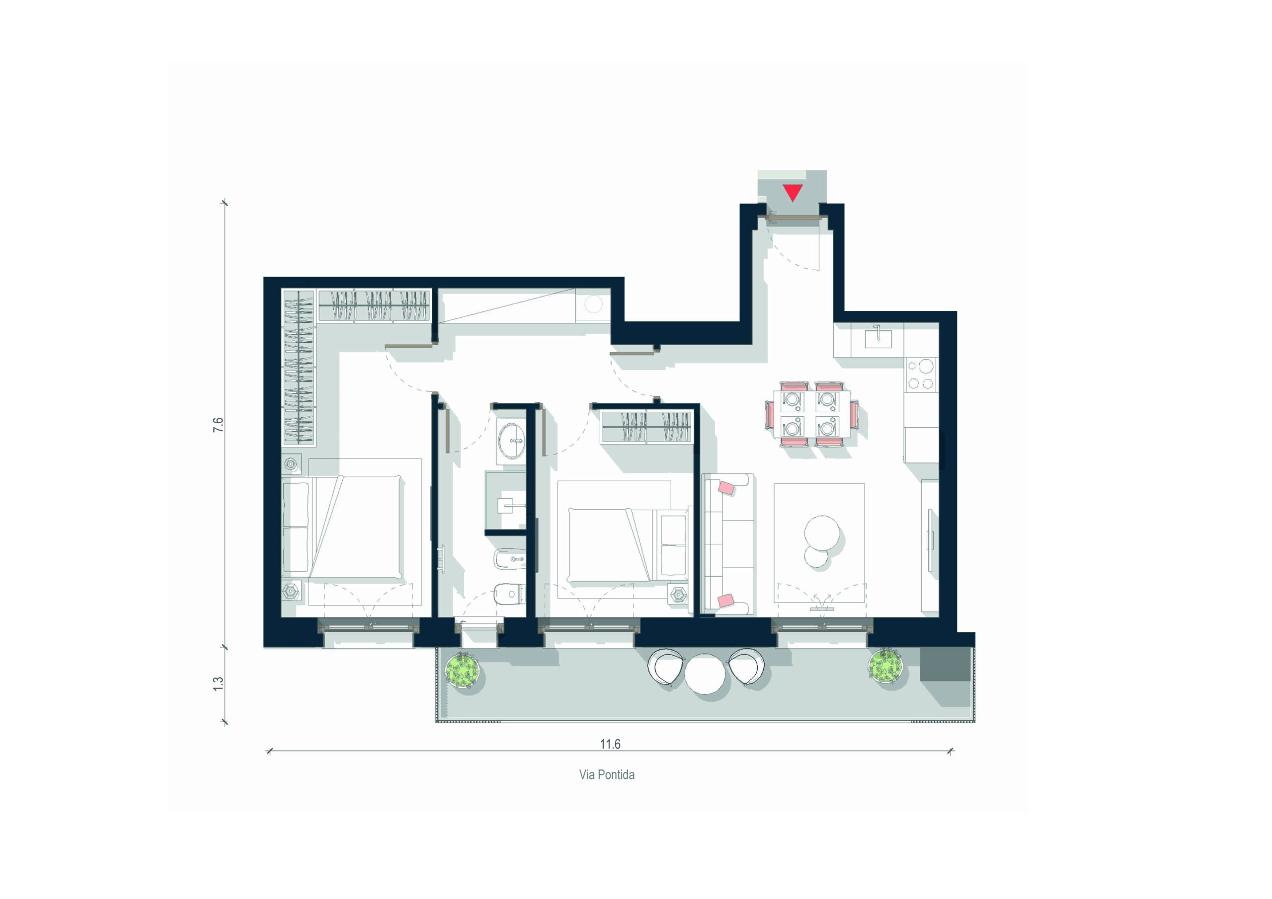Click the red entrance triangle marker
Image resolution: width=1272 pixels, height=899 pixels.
click(x=793, y=192)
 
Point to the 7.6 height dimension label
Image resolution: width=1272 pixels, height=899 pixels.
click(x=218, y=425)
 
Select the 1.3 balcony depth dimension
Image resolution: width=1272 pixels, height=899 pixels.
click(x=218, y=683)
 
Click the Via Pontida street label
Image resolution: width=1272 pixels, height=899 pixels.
click(x=607, y=775)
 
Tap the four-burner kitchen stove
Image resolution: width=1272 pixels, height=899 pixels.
click(x=920, y=375)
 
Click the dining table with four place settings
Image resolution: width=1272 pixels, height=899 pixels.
click(x=811, y=414)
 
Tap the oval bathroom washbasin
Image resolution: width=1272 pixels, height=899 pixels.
click(x=511, y=441)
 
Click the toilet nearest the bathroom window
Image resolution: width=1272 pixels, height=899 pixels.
click(x=508, y=595)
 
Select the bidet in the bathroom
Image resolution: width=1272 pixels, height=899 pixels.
click(x=509, y=559)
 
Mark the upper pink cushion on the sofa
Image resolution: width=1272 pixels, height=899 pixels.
click(x=726, y=487)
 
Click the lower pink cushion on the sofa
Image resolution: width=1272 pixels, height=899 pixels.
click(x=726, y=600)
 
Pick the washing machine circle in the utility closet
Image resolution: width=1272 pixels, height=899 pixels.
click(x=593, y=304)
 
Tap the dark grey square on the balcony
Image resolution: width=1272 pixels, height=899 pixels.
click(x=945, y=664)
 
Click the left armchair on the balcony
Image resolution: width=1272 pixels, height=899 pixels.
click(x=666, y=667)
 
